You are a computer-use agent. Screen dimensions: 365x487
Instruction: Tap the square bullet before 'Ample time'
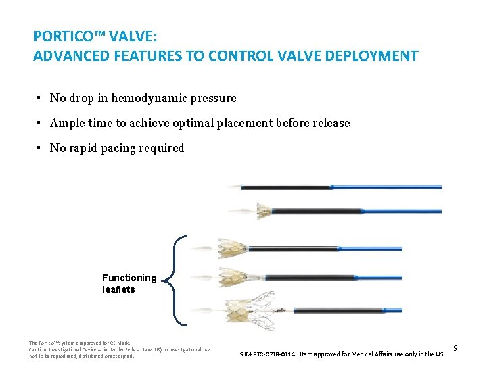pos(39,124)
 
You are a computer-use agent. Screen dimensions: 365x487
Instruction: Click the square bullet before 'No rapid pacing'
pos(39,148)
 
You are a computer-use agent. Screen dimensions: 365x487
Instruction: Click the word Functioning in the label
pos(129,278)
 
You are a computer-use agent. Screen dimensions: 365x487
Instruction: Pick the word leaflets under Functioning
pos(118,289)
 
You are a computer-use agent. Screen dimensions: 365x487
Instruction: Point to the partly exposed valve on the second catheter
pos(261,211)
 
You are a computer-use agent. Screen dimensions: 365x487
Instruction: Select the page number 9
pos(456,348)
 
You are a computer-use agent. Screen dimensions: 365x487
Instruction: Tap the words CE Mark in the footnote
pos(119,343)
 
